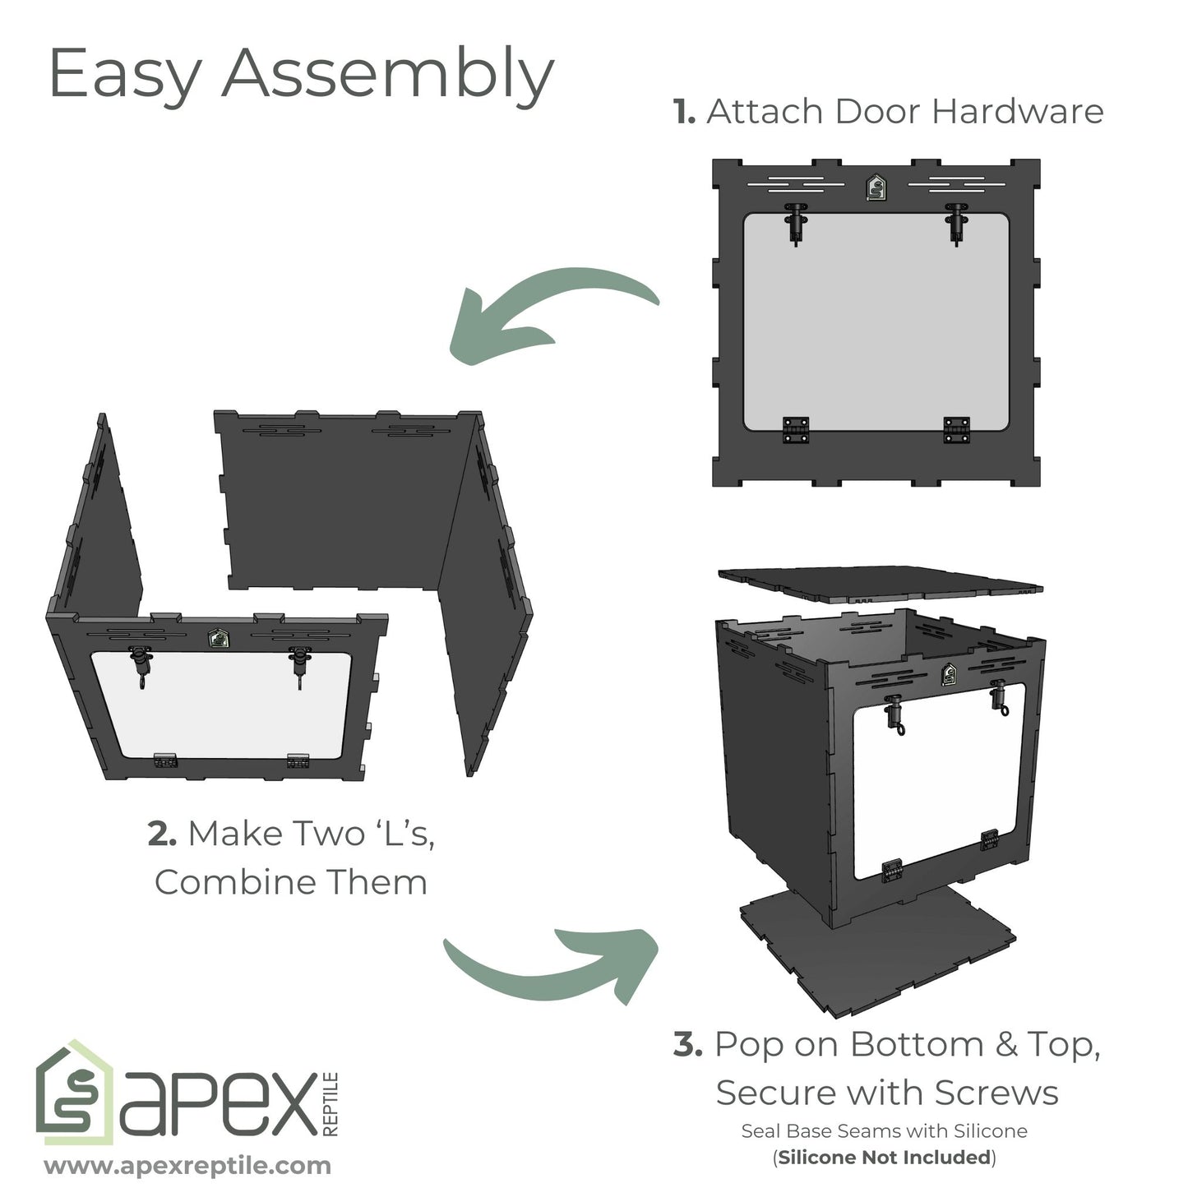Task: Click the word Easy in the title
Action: point(126,75)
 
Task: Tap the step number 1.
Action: point(684,112)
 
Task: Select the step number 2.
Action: point(161,834)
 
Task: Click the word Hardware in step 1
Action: point(1017,112)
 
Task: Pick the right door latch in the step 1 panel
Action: point(955,223)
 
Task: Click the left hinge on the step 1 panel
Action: point(796,430)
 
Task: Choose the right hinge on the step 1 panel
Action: point(956,430)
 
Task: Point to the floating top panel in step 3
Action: point(880,583)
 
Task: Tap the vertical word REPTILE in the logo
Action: point(331,1104)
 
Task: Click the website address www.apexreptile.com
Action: point(187,1166)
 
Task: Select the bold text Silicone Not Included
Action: point(884,1158)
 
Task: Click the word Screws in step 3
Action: point(996,1093)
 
